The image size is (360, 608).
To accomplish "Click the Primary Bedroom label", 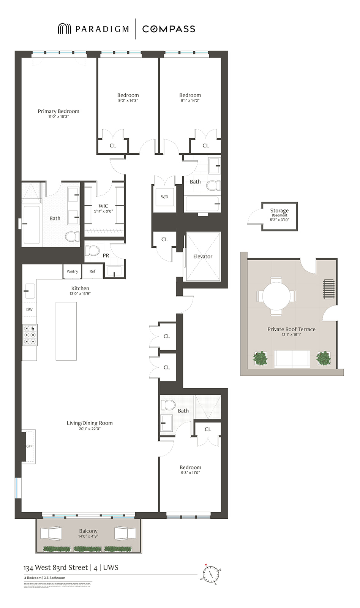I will tap(58, 111).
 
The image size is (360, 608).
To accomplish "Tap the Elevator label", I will tap(202, 256).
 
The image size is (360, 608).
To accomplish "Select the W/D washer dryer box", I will tap(164, 197).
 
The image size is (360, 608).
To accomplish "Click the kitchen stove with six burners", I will tap(30, 335).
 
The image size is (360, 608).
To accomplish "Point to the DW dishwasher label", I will tap(29, 309).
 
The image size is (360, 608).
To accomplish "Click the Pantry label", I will tap(72, 271).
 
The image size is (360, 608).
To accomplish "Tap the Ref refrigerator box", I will tap(93, 271).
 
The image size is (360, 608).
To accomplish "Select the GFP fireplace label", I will tap(29, 446).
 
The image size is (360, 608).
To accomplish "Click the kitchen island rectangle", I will tap(66, 331).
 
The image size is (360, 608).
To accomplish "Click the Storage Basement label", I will tap(279, 212).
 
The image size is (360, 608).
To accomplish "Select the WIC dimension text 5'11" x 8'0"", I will tap(103, 211).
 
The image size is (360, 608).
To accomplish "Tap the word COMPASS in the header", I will tap(169, 29).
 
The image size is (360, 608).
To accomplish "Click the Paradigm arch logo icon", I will tap(64, 29).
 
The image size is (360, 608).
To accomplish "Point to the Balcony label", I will tap(88, 531).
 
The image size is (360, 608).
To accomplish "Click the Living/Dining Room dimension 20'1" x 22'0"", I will tap(90, 429).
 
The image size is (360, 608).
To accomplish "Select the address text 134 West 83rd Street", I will tap(55, 568).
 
